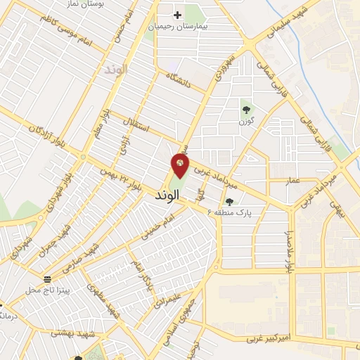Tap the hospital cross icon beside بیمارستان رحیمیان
click(x=177, y=14)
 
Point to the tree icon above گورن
click(x=245, y=109)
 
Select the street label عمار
click(x=292, y=181)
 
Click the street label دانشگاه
click(x=179, y=82)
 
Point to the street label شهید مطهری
click(x=99, y=298)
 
